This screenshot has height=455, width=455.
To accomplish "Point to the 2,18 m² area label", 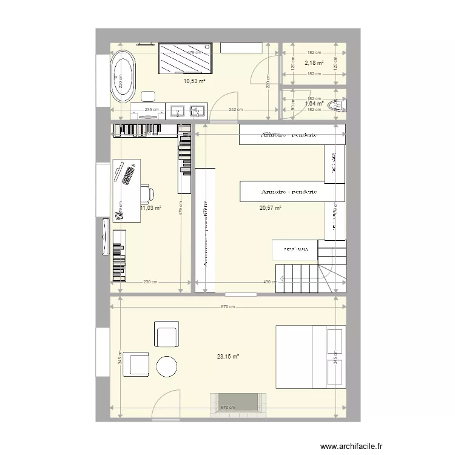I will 314,62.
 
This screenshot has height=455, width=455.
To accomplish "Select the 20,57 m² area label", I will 271,208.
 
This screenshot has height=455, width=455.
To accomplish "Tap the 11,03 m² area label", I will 150,208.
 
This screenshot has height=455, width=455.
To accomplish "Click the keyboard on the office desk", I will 127,175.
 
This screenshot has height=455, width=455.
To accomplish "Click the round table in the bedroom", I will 167,366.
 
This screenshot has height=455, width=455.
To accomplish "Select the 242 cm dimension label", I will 235,110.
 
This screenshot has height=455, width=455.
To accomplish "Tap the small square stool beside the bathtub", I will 148,96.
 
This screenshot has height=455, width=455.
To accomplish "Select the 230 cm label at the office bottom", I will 150,282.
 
